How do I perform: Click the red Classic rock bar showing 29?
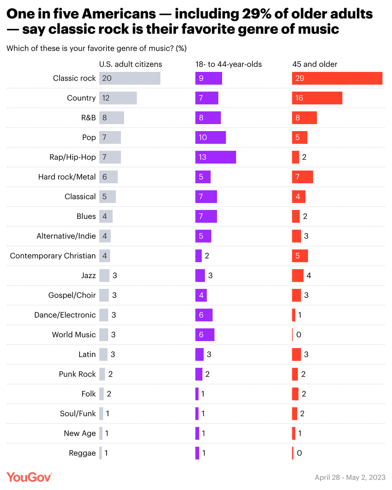pyautogui.click(x=337, y=78)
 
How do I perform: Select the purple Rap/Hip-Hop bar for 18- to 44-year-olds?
pyautogui.click(x=215, y=157)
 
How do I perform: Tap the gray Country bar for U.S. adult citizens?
pyautogui.click(x=118, y=98)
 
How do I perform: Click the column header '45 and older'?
pyautogui.click(x=309, y=64)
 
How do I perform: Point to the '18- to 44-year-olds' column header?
pyautogui.click(x=228, y=64)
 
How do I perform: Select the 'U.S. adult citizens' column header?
pyautogui.click(x=131, y=64)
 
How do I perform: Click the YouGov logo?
pyautogui.click(x=29, y=477)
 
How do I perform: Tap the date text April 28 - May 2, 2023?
pyautogui.click(x=350, y=477)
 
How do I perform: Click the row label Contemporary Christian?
pyautogui.click(x=53, y=256)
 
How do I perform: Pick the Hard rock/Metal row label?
pyautogui.click(x=67, y=177)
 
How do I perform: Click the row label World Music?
pyautogui.click(x=73, y=334)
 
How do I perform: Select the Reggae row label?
pyautogui.click(x=82, y=453)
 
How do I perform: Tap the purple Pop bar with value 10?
pyautogui.click(x=210, y=138)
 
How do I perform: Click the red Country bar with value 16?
pyautogui.click(x=317, y=98)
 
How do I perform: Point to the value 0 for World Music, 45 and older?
pyautogui.click(x=298, y=334)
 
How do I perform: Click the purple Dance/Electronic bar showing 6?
pyautogui.click(x=204, y=315)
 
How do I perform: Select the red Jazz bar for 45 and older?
pyautogui.click(x=298, y=276)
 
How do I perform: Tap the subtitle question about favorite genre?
pyautogui.click(x=96, y=48)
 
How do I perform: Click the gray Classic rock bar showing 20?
pyautogui.click(x=129, y=78)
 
